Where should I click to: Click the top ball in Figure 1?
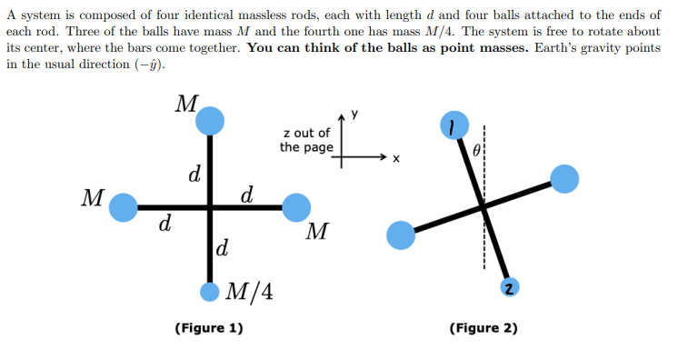tap(211, 119)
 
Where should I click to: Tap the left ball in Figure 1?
tap(124, 207)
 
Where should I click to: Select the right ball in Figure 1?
tap(296, 207)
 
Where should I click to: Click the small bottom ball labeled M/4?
tap(210, 292)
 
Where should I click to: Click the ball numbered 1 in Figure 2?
tap(453, 125)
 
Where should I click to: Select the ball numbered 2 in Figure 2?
tap(510, 287)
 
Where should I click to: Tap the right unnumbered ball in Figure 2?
tap(563, 179)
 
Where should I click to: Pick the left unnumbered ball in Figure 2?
tap(401, 235)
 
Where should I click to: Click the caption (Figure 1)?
tap(208, 327)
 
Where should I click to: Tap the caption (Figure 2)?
tap(483, 327)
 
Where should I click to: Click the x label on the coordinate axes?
tap(395, 159)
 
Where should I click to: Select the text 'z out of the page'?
tap(306, 140)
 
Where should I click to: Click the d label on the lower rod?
tap(223, 246)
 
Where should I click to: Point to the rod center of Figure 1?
tap(211, 207)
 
